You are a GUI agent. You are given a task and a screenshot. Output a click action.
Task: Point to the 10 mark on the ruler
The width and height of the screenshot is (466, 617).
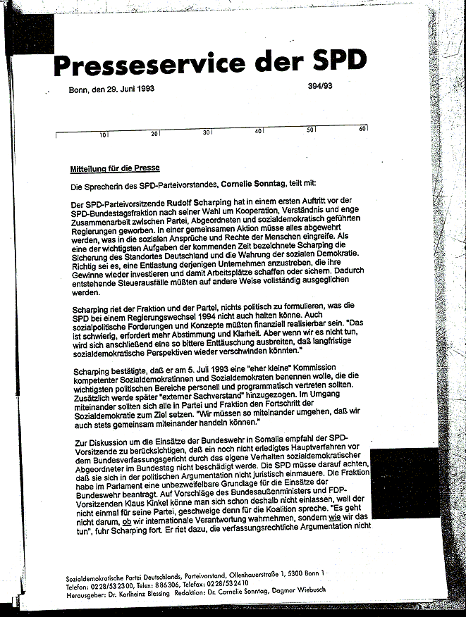coord(103,134)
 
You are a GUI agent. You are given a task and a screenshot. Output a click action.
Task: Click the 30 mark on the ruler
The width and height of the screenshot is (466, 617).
coord(207,132)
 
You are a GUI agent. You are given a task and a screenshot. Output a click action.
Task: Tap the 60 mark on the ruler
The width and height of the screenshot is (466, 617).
coord(362,130)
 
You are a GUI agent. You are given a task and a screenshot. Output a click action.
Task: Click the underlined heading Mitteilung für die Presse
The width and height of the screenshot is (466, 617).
coord(114,169)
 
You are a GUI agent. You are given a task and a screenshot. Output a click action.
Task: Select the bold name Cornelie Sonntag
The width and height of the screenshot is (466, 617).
coord(254,185)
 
